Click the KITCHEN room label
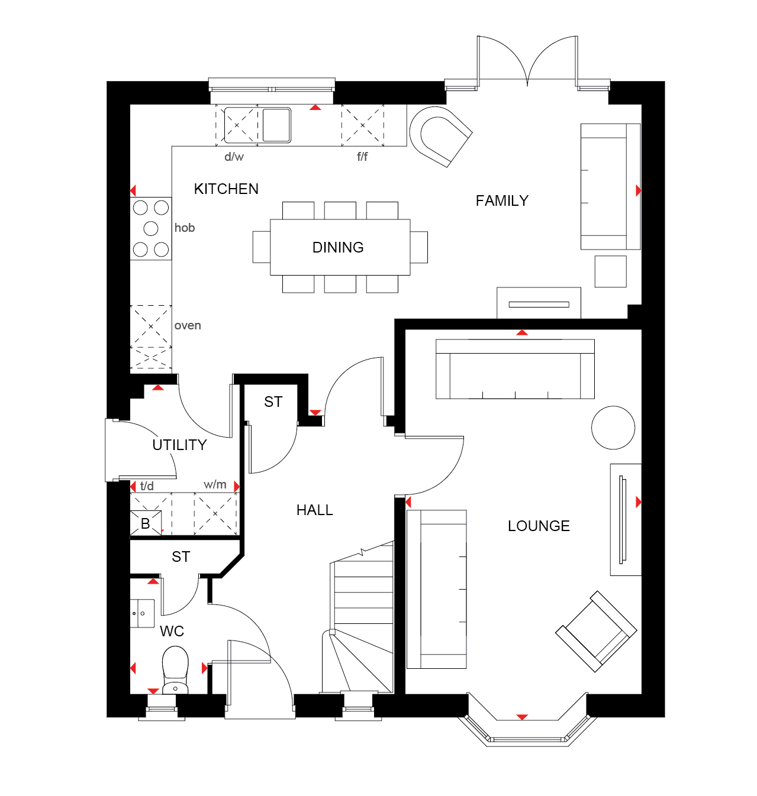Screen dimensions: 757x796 pos(226,189)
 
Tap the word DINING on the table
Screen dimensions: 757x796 pos(338,247)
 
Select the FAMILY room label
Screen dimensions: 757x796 pos(502,200)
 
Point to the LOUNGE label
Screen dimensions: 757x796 pos(539,526)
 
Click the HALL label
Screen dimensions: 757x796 pos(314,510)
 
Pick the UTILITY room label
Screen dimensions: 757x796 pos(179,445)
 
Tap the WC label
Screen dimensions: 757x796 pos(172,631)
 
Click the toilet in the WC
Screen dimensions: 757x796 pos(175,669)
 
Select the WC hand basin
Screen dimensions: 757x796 pos(142,613)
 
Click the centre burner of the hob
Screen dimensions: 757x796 pos(151,228)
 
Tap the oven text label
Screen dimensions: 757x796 pos(188,325)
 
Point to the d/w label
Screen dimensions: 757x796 pos(234,157)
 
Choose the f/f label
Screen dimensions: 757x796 pos(362,156)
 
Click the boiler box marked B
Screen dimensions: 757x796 pos(146,523)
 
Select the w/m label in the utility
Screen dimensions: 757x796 pos(215,484)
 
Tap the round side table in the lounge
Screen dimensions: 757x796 pos(613,428)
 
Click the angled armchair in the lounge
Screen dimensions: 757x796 pos(595,632)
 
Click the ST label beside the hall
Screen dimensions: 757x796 pos(273,402)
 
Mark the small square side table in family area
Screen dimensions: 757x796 pos(610,271)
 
